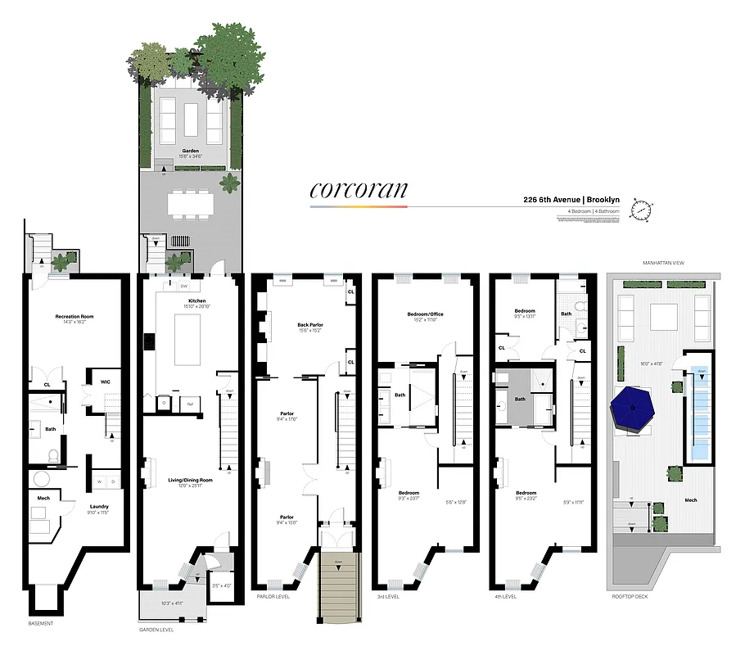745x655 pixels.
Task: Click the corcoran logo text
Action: coord(358,190)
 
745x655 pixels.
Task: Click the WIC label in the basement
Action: coord(106,381)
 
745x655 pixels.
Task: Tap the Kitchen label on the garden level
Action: coord(196,301)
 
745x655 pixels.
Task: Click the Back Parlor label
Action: coord(309,325)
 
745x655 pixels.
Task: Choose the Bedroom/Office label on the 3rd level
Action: coord(424,314)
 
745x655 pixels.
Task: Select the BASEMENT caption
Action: coord(40,624)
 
